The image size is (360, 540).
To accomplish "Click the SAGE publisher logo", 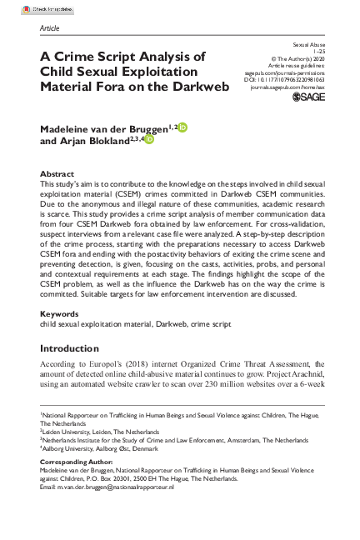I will (x=307, y=97).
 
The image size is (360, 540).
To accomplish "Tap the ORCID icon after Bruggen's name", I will (x=183, y=127).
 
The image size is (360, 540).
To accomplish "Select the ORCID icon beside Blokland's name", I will (x=150, y=141).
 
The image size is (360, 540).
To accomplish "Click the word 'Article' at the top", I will (x=48, y=27).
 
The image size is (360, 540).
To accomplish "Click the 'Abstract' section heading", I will (x=57, y=173).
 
